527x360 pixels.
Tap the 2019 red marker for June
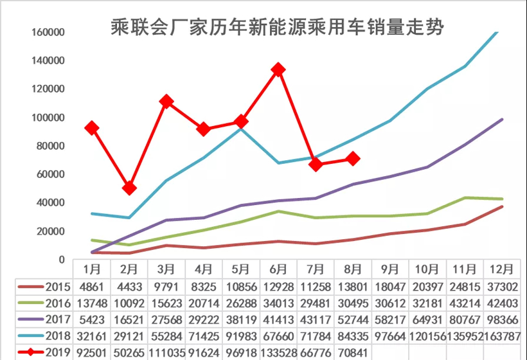click(x=278, y=69)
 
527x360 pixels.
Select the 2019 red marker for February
click(x=129, y=188)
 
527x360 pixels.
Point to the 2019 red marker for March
click(x=166, y=102)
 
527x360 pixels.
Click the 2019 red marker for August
click(x=353, y=159)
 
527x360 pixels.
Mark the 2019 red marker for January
click(x=92, y=129)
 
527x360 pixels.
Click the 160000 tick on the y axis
click(x=48, y=32)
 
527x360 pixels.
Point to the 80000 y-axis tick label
click(x=51, y=146)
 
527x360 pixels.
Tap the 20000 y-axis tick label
click(x=51, y=231)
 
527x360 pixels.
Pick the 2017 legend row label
click(x=58, y=319)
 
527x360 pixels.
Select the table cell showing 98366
click(x=501, y=319)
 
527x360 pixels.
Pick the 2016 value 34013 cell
click(x=278, y=302)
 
